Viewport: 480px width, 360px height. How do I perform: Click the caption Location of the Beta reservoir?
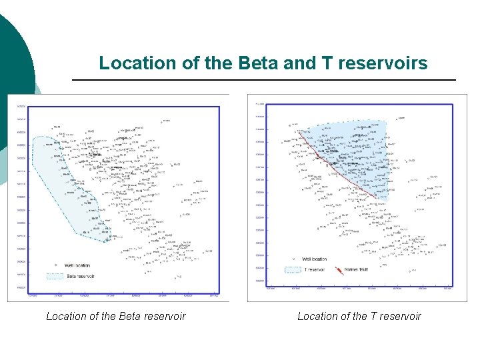[x=115, y=316]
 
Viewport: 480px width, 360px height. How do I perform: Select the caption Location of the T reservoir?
[x=359, y=316]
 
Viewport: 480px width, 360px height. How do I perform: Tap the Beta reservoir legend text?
[x=81, y=276]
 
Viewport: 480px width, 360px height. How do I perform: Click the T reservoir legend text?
[x=314, y=270]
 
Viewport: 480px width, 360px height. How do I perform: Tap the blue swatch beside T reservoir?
[x=293, y=270]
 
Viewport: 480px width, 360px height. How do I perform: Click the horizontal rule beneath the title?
[x=263, y=80]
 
